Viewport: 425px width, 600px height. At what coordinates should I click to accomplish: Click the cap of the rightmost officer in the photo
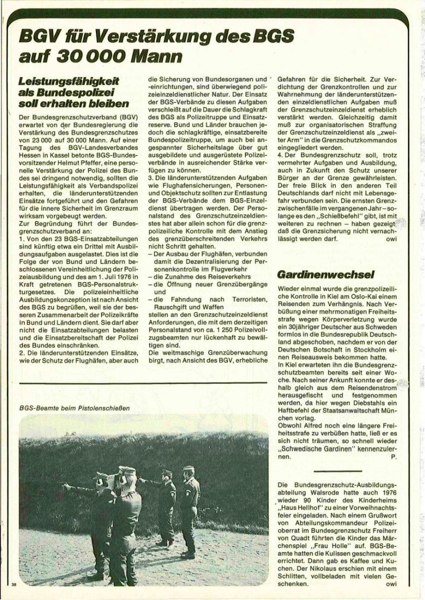tap(188, 468)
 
